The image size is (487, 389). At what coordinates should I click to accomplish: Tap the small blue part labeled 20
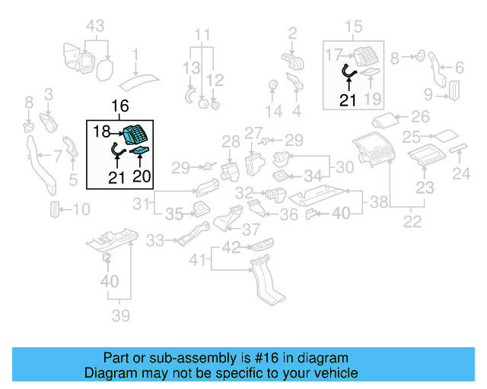click(141, 154)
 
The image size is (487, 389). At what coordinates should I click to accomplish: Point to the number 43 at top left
click(95, 26)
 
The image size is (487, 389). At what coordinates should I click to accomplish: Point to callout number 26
click(420, 117)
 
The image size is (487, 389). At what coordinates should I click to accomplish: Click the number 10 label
click(81, 209)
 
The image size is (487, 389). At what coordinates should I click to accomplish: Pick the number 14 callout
click(273, 111)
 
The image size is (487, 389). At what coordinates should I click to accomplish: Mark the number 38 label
click(378, 203)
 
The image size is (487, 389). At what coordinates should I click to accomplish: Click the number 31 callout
click(141, 203)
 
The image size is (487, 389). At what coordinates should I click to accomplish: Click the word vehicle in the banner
click(336, 373)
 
